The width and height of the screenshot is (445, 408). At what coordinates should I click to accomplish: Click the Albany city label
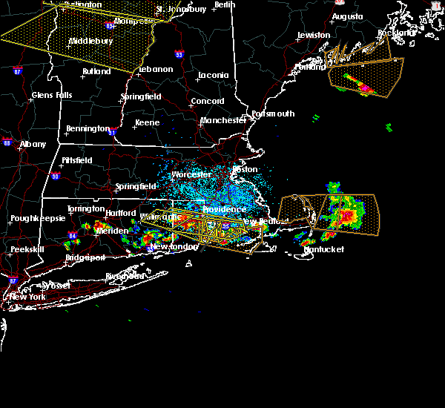33,144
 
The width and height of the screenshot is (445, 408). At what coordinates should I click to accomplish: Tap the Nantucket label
325,249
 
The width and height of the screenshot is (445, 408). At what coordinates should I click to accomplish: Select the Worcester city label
191,175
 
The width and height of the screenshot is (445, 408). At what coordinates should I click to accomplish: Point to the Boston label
245,169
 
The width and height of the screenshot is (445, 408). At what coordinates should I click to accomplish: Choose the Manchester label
223,119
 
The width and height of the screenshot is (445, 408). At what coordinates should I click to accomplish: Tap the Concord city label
208,101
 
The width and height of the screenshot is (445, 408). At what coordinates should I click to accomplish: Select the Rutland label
96,71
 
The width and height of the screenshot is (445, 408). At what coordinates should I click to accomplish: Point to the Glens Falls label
52,95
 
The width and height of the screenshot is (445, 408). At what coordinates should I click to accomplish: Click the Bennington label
88,128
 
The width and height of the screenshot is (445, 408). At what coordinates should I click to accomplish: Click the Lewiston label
314,35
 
